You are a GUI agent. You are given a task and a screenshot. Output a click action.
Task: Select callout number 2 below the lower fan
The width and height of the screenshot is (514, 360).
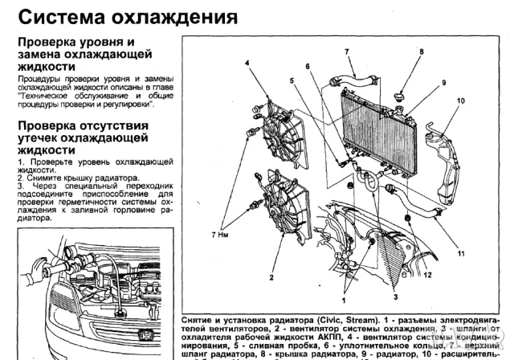(272, 276)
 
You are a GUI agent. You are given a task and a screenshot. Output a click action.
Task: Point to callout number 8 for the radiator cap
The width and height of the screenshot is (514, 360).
(420, 51)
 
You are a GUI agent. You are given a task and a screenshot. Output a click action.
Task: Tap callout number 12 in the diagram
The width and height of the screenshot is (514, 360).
(427, 275)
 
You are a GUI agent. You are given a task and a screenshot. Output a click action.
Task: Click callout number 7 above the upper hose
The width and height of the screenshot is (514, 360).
(347, 51)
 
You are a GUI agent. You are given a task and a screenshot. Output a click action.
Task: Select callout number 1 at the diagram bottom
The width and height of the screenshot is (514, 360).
(345, 298)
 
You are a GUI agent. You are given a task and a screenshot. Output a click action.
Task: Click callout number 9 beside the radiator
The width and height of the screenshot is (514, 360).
(443, 84)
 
